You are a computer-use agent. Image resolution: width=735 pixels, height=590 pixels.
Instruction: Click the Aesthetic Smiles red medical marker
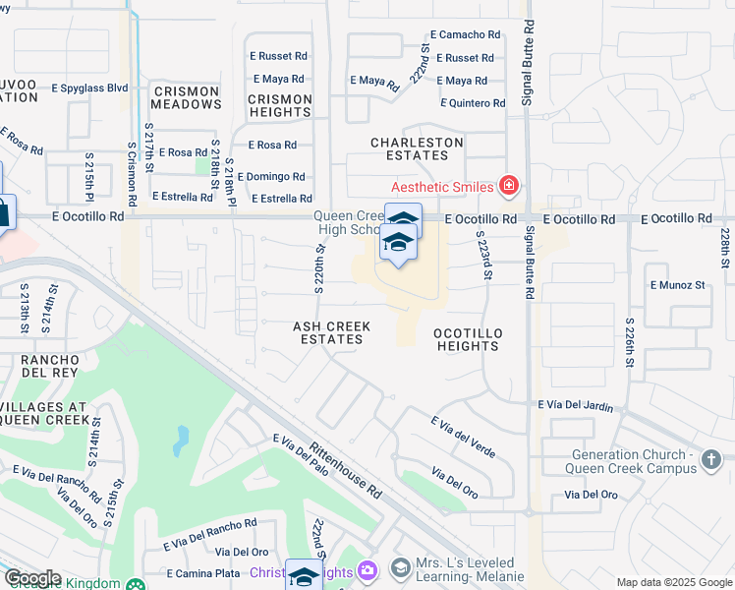click(x=509, y=185)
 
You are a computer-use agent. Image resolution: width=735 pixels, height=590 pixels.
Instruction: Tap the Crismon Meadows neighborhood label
click(x=187, y=97)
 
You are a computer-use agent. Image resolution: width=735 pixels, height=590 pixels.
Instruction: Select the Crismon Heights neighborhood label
click(x=280, y=105)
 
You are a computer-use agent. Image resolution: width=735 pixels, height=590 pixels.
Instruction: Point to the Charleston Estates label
click(x=417, y=148)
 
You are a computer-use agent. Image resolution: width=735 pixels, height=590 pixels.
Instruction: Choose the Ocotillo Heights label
click(x=468, y=339)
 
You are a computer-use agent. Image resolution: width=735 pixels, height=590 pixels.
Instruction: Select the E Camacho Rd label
click(x=465, y=34)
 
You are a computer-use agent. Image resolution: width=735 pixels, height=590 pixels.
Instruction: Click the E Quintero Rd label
click(x=473, y=103)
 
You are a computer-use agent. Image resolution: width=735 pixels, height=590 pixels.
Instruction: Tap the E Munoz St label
click(x=678, y=285)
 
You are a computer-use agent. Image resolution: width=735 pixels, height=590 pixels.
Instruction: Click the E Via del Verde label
click(x=463, y=436)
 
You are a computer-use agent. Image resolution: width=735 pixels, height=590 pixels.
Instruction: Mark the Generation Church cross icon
click(x=713, y=456)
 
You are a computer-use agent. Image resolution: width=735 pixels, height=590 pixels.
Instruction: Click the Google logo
click(x=32, y=578)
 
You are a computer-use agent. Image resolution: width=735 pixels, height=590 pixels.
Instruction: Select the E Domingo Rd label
click(x=276, y=177)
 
